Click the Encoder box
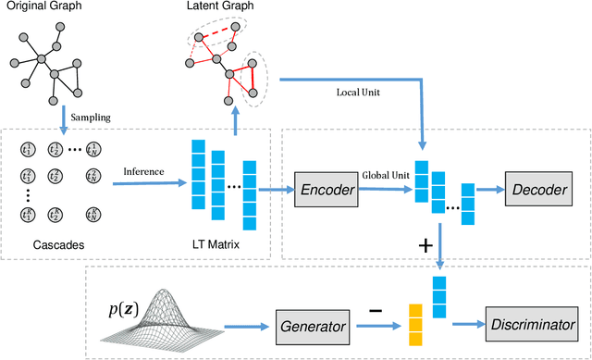click(x=327, y=189)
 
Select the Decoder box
click(x=537, y=189)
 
